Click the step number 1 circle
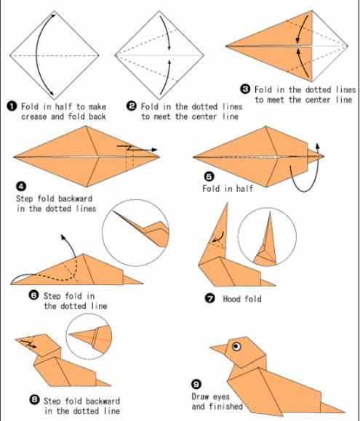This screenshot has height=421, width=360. click(x=12, y=107)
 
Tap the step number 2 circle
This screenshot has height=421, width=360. click(x=132, y=106)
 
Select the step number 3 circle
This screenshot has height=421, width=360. click(x=245, y=89)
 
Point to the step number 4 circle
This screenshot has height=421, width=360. click(x=21, y=186)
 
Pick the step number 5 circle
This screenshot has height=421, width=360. click(x=209, y=177)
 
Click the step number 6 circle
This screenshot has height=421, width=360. click(x=33, y=296)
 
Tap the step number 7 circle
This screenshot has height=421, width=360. click(x=210, y=298)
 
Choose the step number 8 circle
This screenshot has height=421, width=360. click(x=34, y=400)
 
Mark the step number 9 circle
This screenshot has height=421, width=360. click(x=196, y=385)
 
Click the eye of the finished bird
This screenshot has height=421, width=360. click(x=236, y=346)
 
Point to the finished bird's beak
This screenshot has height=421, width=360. click(x=219, y=348)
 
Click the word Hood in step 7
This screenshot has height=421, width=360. click(x=231, y=299)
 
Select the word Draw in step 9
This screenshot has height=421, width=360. click(x=200, y=396)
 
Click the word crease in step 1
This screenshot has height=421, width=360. click(x=34, y=117)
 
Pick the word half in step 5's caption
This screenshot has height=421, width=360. click(x=244, y=188)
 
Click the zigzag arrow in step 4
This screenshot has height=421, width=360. click(x=137, y=148)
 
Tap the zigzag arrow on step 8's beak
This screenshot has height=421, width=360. click(x=28, y=344)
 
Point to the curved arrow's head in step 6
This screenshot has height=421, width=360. click(x=63, y=237)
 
